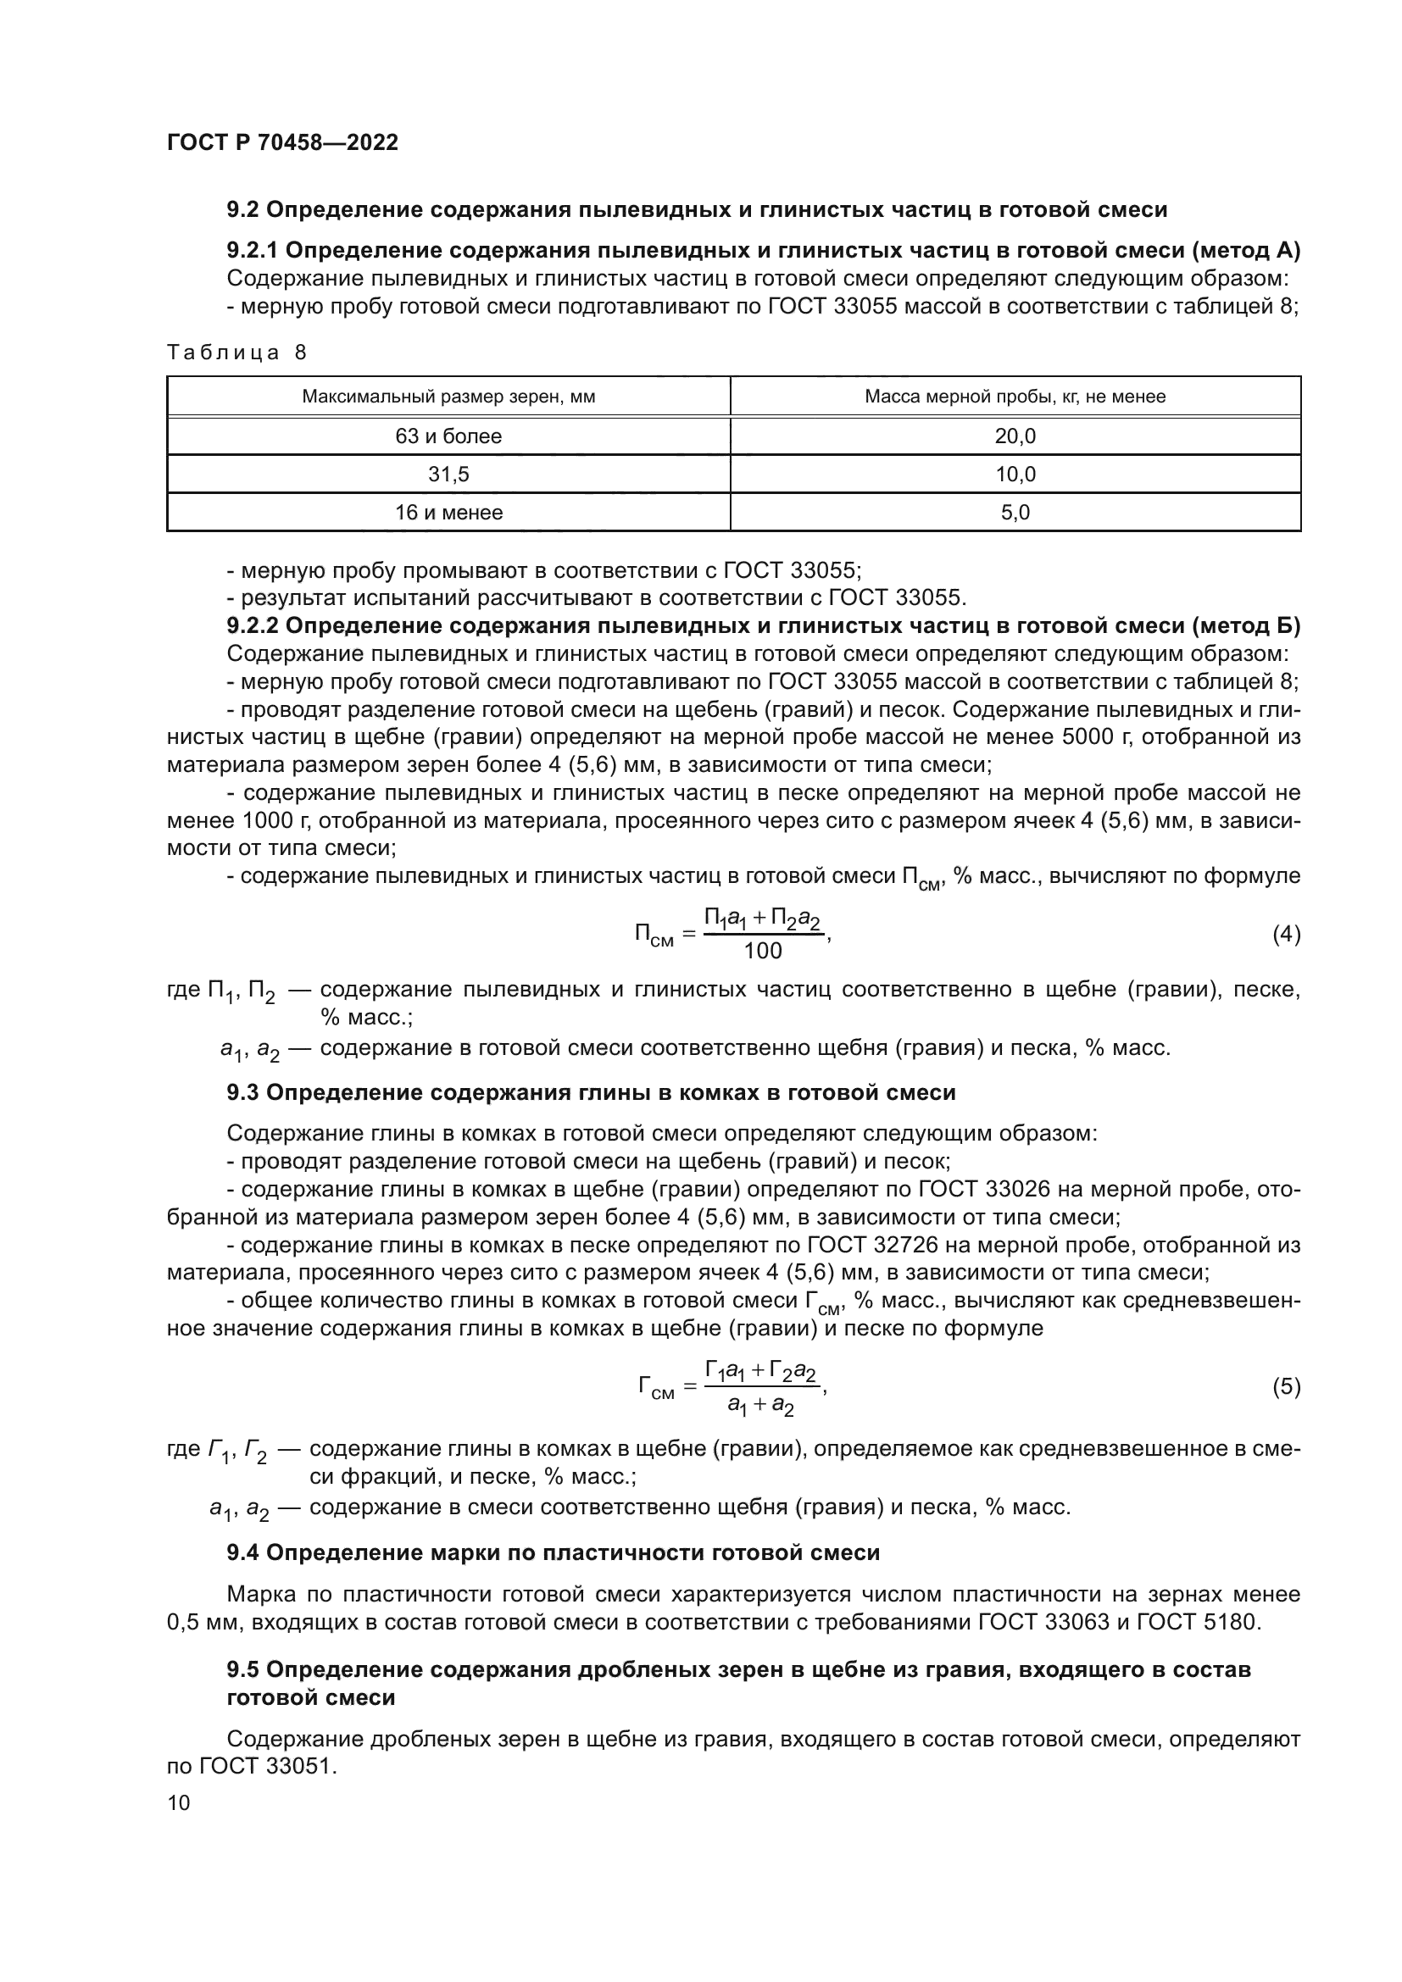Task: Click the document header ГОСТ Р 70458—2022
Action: tap(282, 143)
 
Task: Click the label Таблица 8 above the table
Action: tap(236, 353)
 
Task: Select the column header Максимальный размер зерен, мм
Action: tap(448, 397)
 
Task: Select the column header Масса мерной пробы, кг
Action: tap(1015, 397)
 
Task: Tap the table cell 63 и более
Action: tap(448, 436)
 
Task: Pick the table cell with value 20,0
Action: tap(1015, 436)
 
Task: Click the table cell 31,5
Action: tap(448, 474)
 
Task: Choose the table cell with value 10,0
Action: tap(1015, 474)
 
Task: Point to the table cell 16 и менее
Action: tap(448, 513)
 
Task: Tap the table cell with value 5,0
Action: tap(1015, 513)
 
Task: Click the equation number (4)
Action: tap(1287, 934)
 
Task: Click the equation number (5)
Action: tap(1287, 1387)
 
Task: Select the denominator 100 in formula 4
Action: tap(762, 952)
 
